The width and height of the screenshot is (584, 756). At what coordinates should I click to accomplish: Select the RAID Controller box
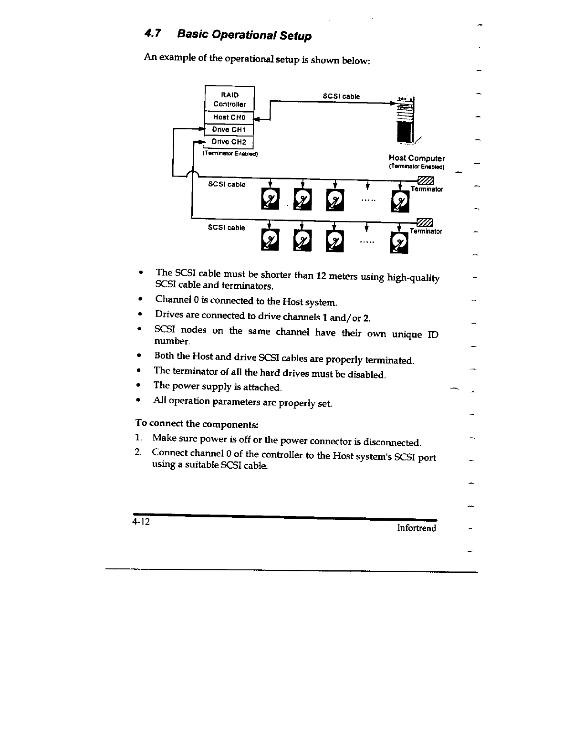point(229,99)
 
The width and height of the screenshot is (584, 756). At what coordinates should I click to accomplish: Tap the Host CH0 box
point(229,117)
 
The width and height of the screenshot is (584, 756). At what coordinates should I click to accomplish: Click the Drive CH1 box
point(229,130)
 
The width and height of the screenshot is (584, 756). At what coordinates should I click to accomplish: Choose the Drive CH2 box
point(229,142)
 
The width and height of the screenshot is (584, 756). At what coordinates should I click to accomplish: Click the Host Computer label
point(417,158)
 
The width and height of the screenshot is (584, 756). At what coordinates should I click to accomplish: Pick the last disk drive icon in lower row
point(399,243)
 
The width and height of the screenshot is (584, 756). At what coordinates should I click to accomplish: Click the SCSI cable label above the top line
point(341,96)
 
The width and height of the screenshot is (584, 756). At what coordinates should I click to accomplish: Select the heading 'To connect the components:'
point(197,423)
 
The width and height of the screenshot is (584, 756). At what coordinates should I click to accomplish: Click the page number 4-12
point(141,522)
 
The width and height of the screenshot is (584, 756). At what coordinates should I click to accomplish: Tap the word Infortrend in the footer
point(417,528)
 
